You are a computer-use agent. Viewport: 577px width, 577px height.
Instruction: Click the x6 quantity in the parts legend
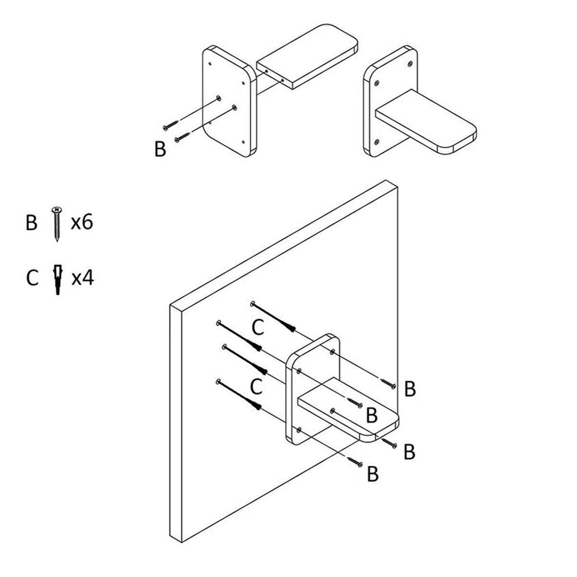(81, 223)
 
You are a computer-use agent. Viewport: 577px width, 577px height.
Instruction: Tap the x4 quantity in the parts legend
(82, 278)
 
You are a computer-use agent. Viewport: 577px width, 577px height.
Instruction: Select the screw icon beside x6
(57, 224)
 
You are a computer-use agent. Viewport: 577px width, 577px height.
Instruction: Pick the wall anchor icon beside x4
(58, 279)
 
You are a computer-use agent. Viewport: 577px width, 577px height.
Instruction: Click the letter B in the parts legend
(31, 224)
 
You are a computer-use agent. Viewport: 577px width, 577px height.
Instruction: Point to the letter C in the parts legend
(32, 278)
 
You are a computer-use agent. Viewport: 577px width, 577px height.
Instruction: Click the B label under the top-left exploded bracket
(160, 149)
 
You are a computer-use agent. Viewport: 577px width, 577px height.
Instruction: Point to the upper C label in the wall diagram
(258, 327)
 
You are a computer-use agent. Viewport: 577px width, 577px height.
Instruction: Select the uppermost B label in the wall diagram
(410, 389)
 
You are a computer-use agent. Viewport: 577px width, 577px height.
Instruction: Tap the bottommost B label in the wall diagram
(373, 474)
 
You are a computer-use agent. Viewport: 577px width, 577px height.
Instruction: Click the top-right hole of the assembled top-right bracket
(409, 63)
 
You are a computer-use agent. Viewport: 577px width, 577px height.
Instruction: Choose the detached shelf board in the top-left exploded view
(308, 55)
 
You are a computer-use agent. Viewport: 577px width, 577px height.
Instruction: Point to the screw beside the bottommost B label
(356, 463)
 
